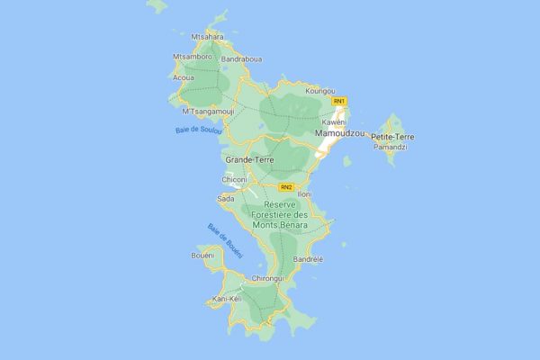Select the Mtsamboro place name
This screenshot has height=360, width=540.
tap(192, 57)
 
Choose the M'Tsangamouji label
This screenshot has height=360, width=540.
tap(208, 112)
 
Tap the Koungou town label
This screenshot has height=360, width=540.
tap(319, 91)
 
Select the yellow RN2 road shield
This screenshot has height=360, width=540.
tap(286, 187)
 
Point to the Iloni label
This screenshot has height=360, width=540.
tap(304, 194)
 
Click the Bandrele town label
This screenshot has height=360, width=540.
tap(308, 259)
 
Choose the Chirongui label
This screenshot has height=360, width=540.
tap(268, 278)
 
